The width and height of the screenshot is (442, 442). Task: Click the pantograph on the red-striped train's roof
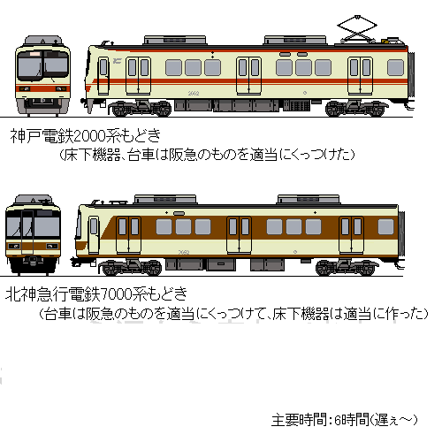click(x=357, y=29)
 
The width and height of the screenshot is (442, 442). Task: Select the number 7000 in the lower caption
click(x=117, y=294)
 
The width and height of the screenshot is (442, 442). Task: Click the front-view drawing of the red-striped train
click(x=43, y=76)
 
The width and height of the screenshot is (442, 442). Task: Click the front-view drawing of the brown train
click(x=33, y=234)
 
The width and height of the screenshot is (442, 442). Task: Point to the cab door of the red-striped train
click(x=103, y=76)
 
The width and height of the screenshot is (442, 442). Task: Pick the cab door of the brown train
click(x=94, y=235)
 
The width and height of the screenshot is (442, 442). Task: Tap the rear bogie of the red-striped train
click(x=356, y=109)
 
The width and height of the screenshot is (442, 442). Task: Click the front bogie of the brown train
click(x=130, y=267)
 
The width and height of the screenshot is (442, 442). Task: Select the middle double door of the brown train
click(x=239, y=235)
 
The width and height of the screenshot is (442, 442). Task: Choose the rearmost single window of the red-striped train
click(x=395, y=67)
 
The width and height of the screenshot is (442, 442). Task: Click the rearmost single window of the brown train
click(x=385, y=226)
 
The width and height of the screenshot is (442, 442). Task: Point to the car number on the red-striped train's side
click(x=194, y=94)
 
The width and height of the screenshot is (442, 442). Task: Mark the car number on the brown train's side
click(x=184, y=252)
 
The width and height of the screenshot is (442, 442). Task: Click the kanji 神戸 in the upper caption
click(x=26, y=136)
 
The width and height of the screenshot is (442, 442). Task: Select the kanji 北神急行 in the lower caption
click(x=36, y=294)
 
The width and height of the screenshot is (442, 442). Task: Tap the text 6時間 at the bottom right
click(x=352, y=420)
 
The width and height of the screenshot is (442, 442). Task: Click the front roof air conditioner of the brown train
click(x=165, y=199)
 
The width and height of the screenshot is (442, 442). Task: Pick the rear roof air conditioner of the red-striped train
click(x=295, y=40)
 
